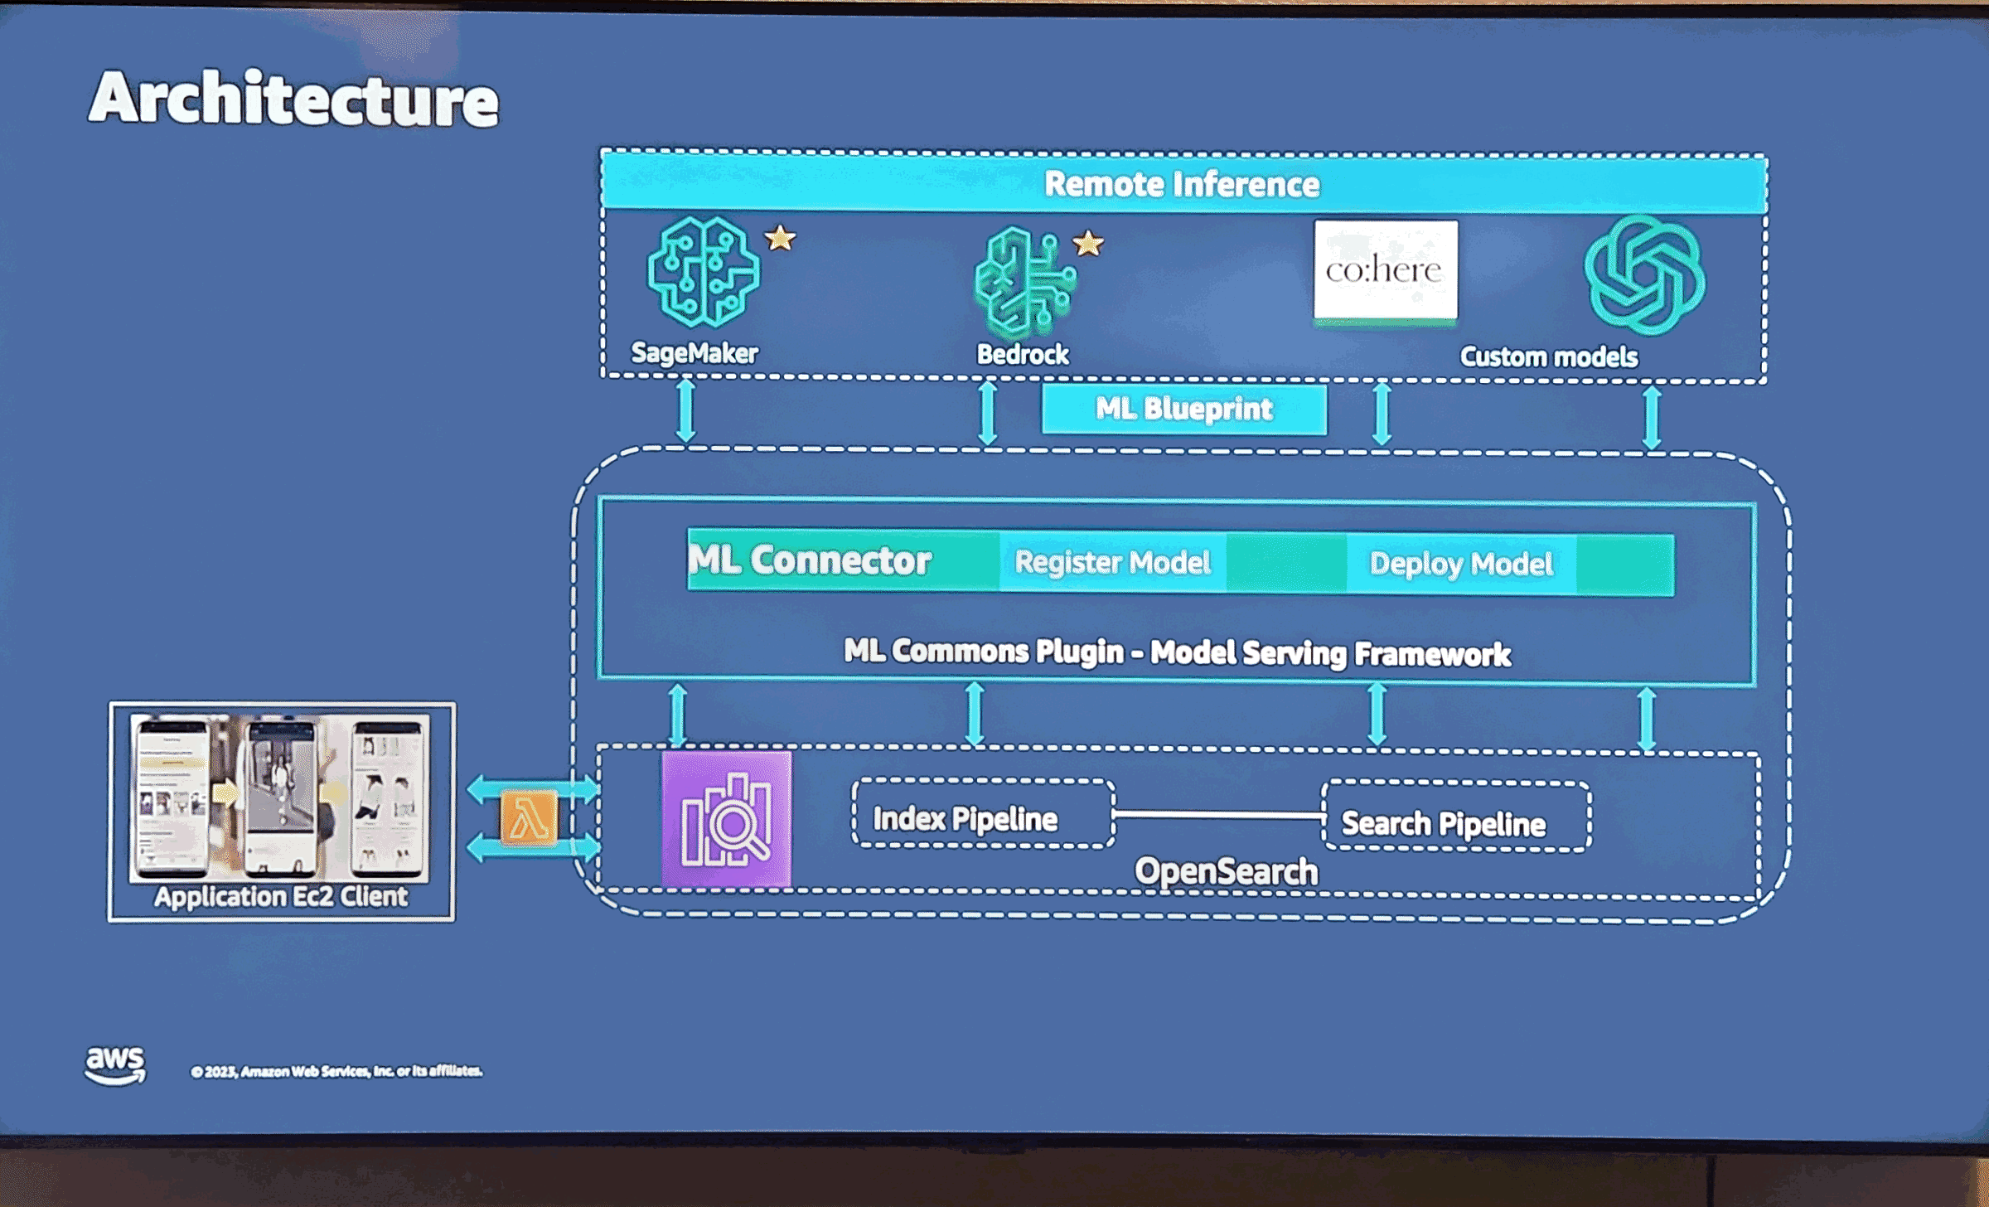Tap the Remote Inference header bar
(x=1183, y=183)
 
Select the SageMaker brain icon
(x=704, y=271)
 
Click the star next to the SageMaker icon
(x=780, y=239)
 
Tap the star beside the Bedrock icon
(x=1088, y=244)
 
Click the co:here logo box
(x=1386, y=270)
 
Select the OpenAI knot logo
(x=1644, y=275)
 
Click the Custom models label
(x=1548, y=356)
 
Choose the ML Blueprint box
(x=1183, y=409)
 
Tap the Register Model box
(x=1112, y=563)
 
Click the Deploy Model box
(x=1461, y=565)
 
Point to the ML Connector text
(x=811, y=560)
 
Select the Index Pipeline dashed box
(x=983, y=814)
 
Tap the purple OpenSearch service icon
(x=727, y=819)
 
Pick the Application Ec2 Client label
(x=281, y=896)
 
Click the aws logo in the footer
(x=115, y=1064)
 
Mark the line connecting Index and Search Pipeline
(x=1218, y=815)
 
